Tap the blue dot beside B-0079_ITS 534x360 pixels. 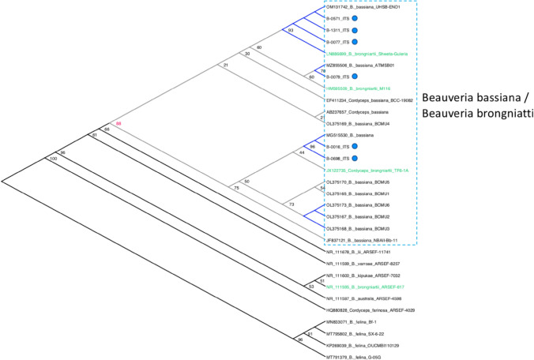(355, 76)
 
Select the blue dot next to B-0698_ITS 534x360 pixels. (355, 159)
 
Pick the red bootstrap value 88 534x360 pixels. (120, 124)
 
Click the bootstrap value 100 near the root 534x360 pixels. (55, 159)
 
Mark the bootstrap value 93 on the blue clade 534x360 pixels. (291, 30)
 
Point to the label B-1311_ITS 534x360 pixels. (337, 28)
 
